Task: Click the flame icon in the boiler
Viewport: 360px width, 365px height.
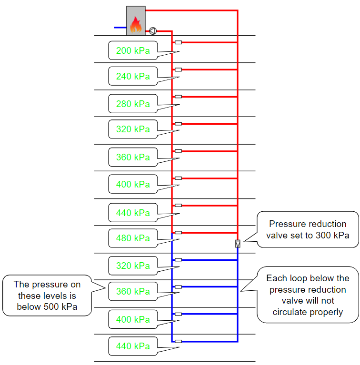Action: (136, 24)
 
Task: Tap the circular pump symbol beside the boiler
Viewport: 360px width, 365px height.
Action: (153, 31)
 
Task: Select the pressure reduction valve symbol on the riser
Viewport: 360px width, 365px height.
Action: (238, 244)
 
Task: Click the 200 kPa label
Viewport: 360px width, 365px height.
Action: (133, 51)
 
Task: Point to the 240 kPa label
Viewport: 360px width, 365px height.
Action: (133, 76)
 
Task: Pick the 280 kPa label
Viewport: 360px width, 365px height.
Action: (133, 104)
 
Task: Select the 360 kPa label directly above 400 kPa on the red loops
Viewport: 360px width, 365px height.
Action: (133, 157)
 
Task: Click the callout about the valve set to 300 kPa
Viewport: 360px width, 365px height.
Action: (307, 229)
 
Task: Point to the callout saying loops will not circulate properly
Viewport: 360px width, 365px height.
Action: (307, 295)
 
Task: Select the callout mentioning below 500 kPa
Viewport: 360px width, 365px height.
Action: (47, 296)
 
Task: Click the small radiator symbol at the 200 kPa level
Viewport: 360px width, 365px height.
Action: (178, 42)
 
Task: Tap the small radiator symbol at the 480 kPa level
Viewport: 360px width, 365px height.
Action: (178, 233)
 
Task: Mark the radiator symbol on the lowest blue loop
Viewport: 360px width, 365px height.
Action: (178, 341)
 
